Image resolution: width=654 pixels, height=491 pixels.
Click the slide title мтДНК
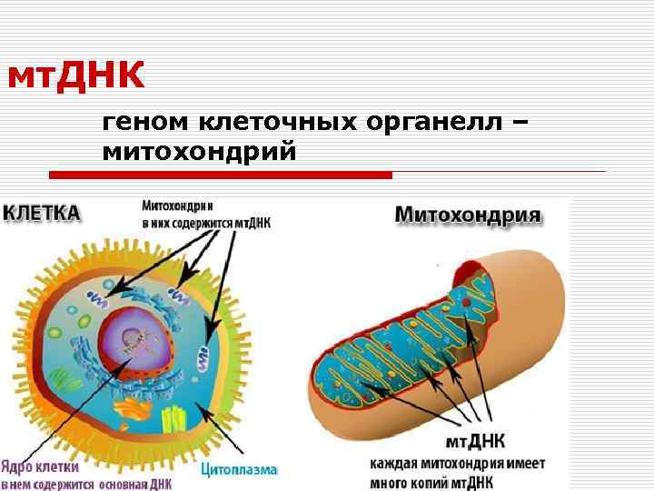click(75, 77)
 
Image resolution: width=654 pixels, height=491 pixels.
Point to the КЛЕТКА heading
click(42, 213)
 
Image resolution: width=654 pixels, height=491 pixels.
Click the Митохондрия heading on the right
click(468, 216)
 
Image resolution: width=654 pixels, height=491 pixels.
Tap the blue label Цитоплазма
click(239, 470)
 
